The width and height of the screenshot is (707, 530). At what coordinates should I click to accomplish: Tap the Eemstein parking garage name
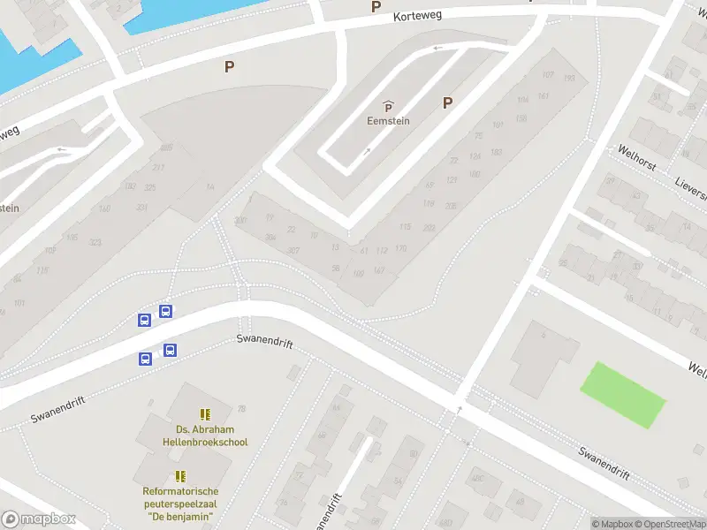click(388, 122)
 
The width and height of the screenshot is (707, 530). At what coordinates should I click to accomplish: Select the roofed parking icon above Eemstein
click(388, 106)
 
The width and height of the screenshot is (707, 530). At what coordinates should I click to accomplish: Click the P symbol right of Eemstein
click(447, 103)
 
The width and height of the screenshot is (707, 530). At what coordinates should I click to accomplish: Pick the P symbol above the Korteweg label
click(376, 6)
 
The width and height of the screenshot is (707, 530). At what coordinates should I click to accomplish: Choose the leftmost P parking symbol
click(230, 66)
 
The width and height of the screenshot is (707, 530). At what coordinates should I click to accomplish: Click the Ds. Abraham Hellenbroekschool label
click(205, 435)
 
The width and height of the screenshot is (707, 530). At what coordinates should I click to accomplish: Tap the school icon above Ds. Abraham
click(205, 413)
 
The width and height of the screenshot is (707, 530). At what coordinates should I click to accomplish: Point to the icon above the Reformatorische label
click(180, 476)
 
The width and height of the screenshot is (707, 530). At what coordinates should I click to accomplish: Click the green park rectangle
click(622, 395)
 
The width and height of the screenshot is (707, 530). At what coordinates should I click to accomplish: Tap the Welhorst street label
click(636, 158)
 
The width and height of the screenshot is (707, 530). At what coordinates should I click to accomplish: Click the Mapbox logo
click(38, 519)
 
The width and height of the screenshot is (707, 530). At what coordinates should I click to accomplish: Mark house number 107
click(548, 74)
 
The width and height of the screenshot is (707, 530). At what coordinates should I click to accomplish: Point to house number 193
click(569, 79)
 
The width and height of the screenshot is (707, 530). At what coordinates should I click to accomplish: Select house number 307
click(293, 251)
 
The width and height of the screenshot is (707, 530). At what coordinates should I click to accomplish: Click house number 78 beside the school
click(241, 408)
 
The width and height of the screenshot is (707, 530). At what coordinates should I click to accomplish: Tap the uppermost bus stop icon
click(165, 311)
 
